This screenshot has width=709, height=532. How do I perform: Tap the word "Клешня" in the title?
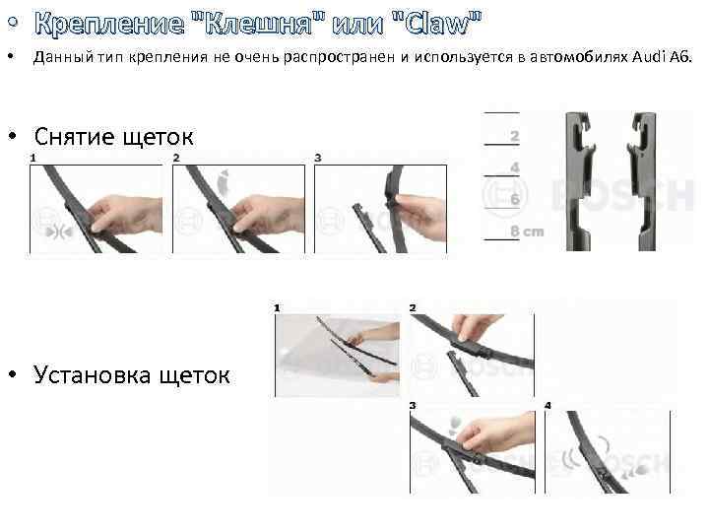click(259, 23)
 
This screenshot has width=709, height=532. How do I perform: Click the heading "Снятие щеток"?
click(114, 137)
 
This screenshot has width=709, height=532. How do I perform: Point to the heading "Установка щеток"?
click(132, 375)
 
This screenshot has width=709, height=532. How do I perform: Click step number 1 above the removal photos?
click(32, 158)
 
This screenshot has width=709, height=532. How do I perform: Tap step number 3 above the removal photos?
click(318, 158)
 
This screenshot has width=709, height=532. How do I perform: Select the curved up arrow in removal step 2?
click(223, 183)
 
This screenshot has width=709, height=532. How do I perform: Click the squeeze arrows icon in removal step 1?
click(59, 233)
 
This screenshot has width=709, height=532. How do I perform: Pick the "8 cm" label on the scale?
click(527, 232)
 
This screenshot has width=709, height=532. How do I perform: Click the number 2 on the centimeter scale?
click(515, 136)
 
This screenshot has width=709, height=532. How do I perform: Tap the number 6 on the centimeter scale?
click(515, 199)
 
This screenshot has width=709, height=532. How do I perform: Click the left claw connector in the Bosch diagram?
click(579, 181)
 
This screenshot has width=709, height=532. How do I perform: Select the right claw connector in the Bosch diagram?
click(642, 181)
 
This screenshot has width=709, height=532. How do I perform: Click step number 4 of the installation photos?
click(548, 405)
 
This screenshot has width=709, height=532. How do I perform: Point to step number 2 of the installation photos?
click(413, 308)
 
